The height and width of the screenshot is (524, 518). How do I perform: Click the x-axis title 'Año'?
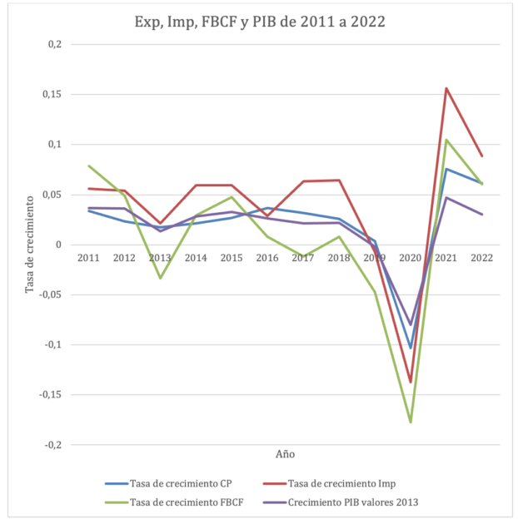point(285,454)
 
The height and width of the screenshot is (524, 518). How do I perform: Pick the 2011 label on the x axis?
point(88,257)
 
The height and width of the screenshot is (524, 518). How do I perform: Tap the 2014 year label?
point(196,257)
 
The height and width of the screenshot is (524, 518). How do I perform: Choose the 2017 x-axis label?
point(302,257)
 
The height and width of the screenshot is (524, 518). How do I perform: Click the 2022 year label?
point(481,257)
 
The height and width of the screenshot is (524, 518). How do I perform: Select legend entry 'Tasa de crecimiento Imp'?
point(349,483)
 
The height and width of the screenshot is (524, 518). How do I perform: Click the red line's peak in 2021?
point(446,88)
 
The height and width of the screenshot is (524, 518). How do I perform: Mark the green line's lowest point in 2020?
point(410,422)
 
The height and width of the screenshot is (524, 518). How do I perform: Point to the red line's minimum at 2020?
point(410,382)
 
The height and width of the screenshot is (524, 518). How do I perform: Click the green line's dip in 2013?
point(160,278)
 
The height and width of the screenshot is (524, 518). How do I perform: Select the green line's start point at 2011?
point(88,166)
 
